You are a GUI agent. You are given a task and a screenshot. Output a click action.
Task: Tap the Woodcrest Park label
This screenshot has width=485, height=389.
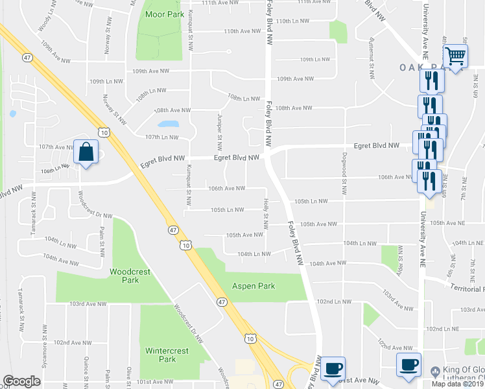[124, 276]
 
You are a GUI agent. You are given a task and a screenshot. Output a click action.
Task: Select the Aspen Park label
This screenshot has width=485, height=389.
[254, 286]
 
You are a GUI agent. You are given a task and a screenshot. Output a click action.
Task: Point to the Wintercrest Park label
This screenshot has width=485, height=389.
[161, 355]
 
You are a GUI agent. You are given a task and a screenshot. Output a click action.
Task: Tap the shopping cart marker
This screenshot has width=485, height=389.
[456, 56]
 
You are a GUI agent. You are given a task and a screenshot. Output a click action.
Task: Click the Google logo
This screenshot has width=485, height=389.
[21, 381]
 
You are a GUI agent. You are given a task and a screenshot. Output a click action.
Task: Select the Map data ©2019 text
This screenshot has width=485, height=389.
[458, 384]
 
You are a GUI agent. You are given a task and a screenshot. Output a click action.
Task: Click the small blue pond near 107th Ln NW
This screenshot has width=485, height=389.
[167, 123]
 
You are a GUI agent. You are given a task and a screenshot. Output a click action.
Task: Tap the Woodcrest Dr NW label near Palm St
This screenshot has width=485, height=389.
[95, 205]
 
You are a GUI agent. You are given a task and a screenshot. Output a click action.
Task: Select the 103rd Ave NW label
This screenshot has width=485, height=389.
[88, 303]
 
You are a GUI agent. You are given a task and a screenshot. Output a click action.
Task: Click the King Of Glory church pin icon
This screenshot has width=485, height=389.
[434, 371]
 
